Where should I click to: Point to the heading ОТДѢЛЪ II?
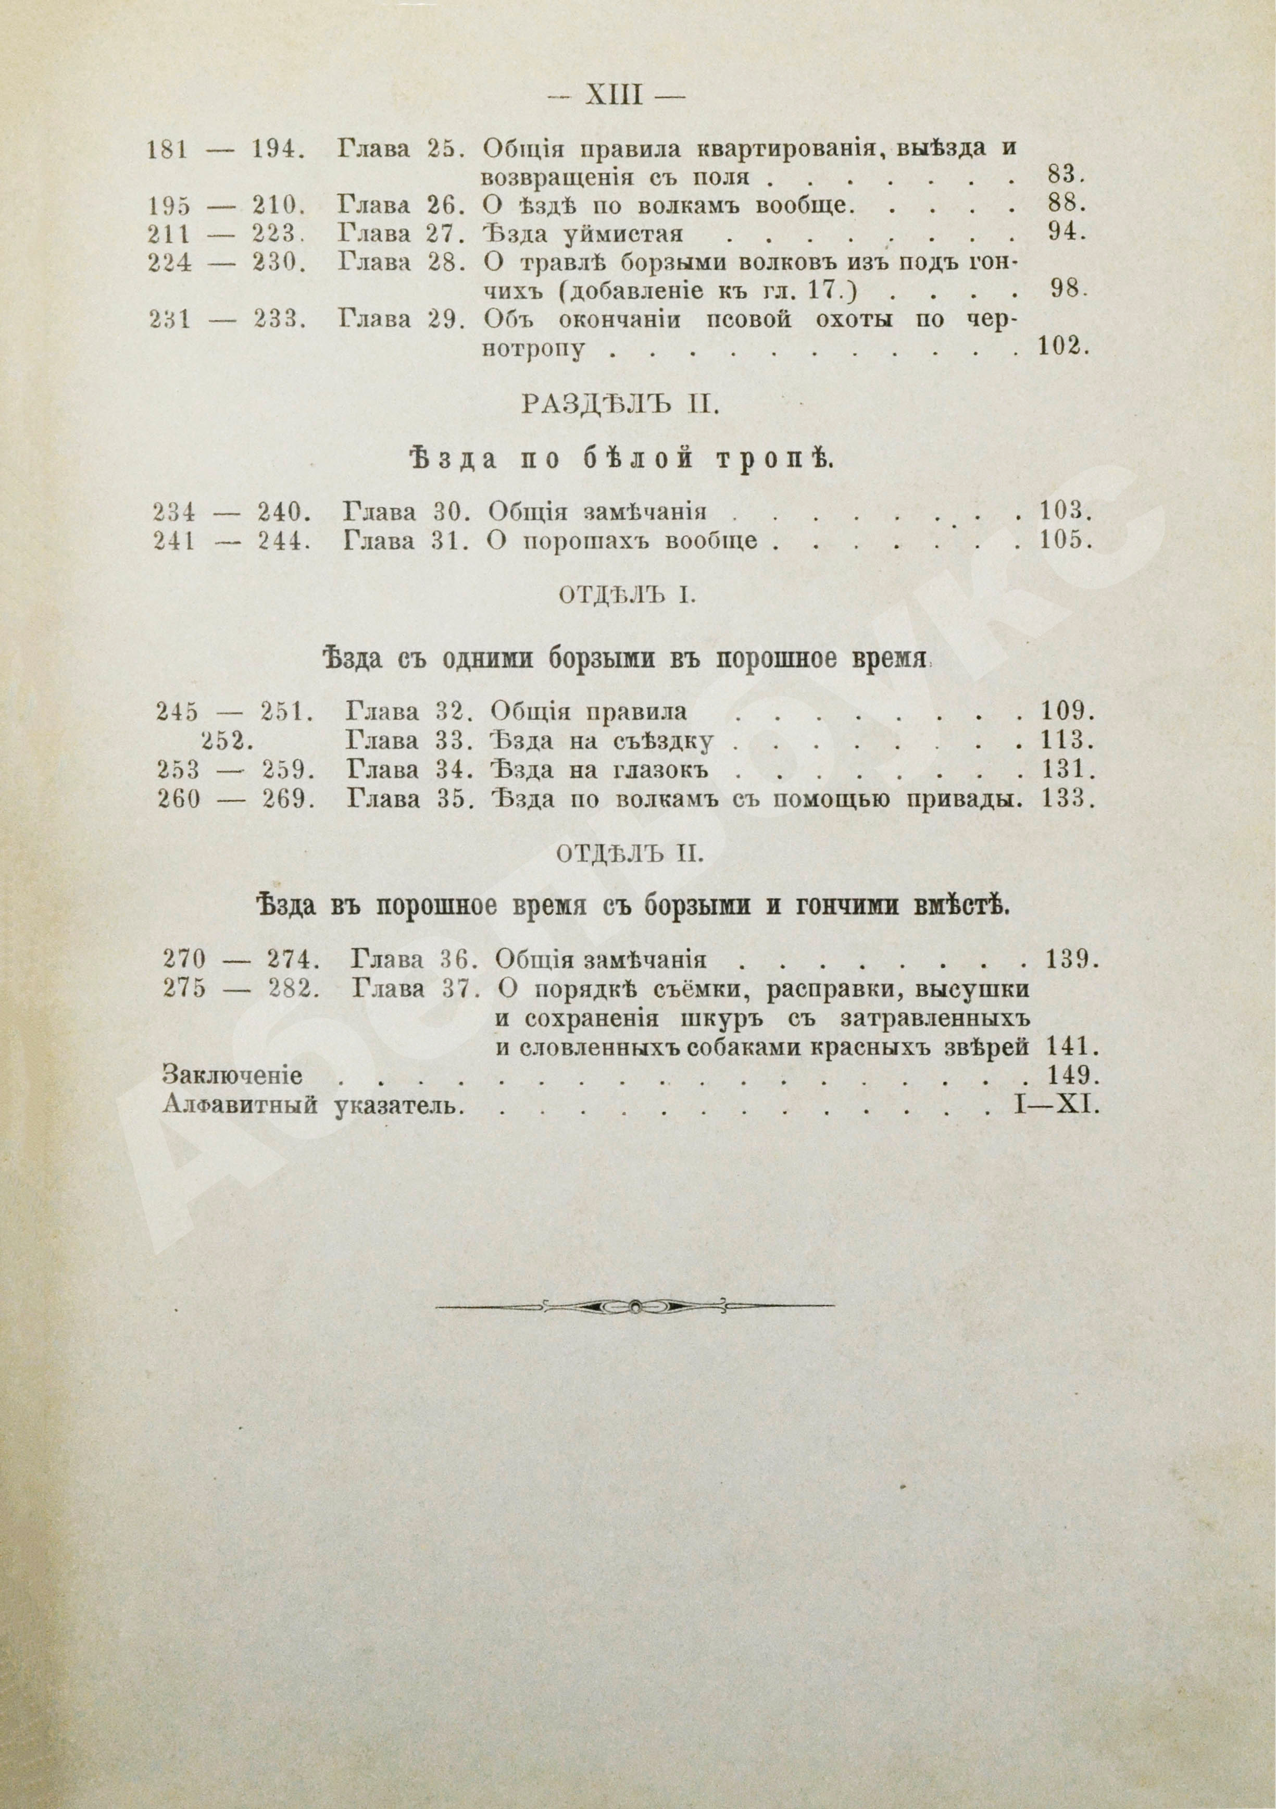[629, 853]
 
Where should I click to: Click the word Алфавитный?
[240, 1105]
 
